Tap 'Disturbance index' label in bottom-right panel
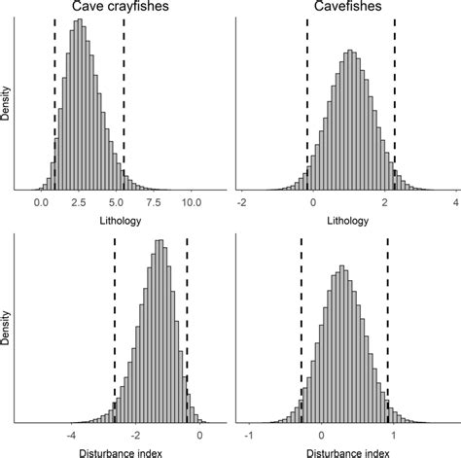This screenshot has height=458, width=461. pyautogui.click(x=345, y=451)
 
